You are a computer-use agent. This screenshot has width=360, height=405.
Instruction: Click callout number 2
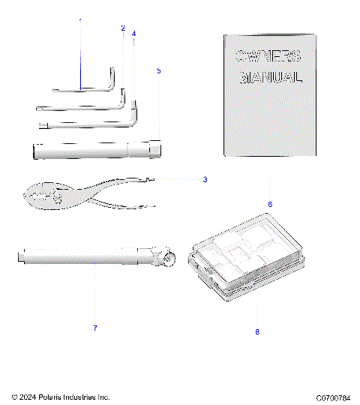123,28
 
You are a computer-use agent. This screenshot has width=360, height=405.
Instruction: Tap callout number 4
133,34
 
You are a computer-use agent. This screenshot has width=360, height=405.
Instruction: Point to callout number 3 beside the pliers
205,179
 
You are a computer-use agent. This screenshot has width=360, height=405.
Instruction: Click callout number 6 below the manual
249,204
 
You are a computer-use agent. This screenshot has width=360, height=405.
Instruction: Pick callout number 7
95,328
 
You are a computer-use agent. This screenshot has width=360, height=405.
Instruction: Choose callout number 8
256,331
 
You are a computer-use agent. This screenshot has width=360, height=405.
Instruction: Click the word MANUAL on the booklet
271,77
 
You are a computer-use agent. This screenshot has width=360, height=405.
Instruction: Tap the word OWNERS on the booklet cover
268,55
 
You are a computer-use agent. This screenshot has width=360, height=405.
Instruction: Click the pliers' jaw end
34,198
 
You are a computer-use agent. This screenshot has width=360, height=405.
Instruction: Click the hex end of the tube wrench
155,148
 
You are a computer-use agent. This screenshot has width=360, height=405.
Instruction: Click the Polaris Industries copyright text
61,396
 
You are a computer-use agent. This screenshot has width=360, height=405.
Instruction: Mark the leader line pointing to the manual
249,180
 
